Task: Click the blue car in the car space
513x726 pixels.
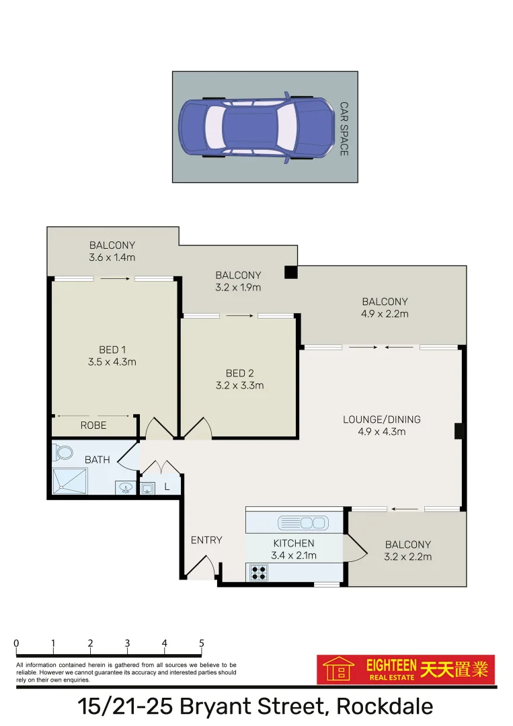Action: point(256,128)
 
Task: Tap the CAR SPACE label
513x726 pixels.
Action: point(344,129)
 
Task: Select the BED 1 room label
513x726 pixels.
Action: point(112,350)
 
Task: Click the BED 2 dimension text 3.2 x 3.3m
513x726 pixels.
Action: point(239,386)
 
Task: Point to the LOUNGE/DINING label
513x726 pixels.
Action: point(381,419)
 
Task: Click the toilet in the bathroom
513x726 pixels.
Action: point(64,452)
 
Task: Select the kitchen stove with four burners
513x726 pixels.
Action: point(259,573)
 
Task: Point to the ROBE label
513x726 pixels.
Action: point(93,426)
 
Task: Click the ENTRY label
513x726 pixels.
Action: point(206,540)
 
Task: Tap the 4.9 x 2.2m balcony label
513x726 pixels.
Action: point(385,308)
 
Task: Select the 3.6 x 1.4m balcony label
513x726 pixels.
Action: point(112,251)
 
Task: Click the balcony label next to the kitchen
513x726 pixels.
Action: point(407,551)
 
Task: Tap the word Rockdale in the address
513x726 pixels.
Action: point(384,707)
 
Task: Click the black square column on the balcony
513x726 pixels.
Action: point(290,272)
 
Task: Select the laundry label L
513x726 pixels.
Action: point(167,487)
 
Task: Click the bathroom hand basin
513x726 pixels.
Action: point(124,488)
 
